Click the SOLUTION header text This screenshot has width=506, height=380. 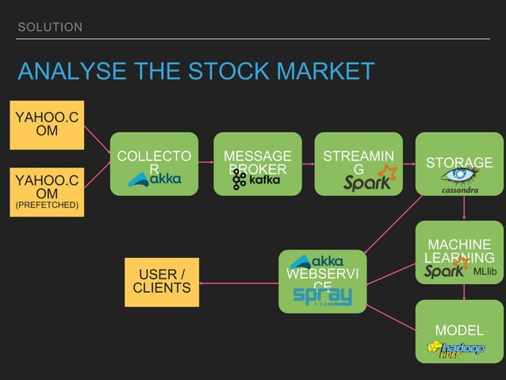point(50,28)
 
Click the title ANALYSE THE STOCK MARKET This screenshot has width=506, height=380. point(196,71)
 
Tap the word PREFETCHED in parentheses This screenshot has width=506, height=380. point(47,205)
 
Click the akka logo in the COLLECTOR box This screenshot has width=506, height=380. point(155,180)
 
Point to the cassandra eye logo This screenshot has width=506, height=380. point(459,176)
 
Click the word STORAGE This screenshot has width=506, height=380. point(459,163)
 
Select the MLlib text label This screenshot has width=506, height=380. point(485,271)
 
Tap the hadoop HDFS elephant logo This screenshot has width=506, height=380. point(456,349)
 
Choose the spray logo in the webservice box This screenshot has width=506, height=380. point(322,295)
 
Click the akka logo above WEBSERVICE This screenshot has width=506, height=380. point(317,261)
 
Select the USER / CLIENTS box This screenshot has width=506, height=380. point(162,281)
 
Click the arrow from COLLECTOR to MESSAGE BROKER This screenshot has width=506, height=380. point(206,163)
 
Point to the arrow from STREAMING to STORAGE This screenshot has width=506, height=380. point(408,163)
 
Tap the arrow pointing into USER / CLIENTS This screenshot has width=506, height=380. point(238,280)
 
